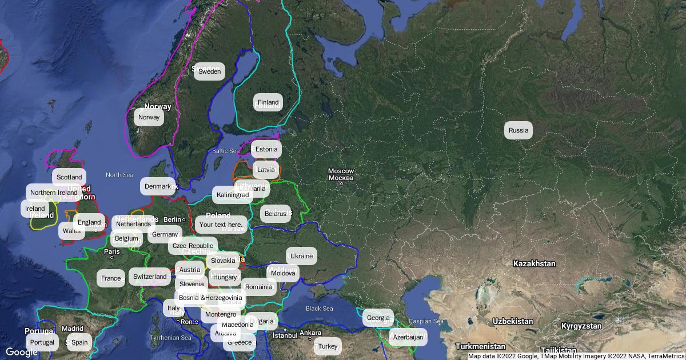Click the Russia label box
[x=519, y=130]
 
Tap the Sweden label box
[x=209, y=71]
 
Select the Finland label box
[x=268, y=102]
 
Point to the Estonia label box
[x=266, y=149]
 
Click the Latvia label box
[x=266, y=170]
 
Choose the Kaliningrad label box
[x=233, y=195]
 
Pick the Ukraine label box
[x=301, y=256]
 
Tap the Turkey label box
[x=328, y=346]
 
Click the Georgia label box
[x=378, y=318]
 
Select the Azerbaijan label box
[x=408, y=337]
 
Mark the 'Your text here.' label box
[x=221, y=225]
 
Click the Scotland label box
[x=69, y=177]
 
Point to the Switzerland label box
[x=150, y=277]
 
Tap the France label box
[x=111, y=278]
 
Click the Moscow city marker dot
[x=341, y=183]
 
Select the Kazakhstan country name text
[x=534, y=264]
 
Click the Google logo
[x=22, y=352]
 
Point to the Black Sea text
[x=319, y=309]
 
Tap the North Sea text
[x=119, y=175]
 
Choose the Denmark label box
[x=157, y=186]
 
